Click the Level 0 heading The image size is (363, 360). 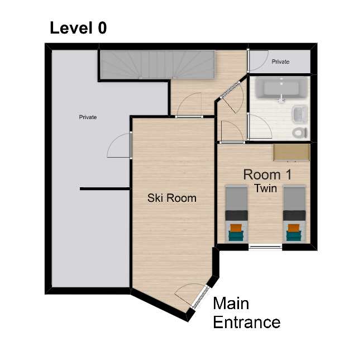78,28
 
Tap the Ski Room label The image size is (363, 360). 172,198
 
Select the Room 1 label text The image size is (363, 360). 268,174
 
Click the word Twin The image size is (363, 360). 266,188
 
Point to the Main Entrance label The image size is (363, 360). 246,312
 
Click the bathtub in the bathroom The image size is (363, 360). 281,88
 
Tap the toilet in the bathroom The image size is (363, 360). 300,132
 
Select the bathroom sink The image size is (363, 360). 300,113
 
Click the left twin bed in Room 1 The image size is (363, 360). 236,214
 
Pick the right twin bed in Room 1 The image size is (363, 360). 294,214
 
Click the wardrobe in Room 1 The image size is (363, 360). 292,152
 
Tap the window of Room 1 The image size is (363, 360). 265,247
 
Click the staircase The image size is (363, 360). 157,65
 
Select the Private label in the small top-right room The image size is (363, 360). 280,61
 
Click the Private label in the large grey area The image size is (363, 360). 88,117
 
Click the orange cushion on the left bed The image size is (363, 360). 236,228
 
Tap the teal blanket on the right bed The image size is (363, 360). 294,236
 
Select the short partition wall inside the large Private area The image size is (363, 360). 105,189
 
